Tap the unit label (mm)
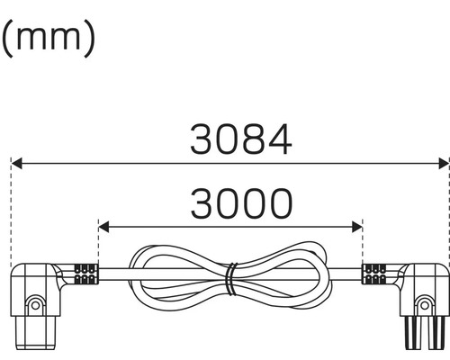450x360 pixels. pos(47,38)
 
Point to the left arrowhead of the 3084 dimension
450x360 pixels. pos(18,164)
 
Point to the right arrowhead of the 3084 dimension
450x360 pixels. pos(442,164)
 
